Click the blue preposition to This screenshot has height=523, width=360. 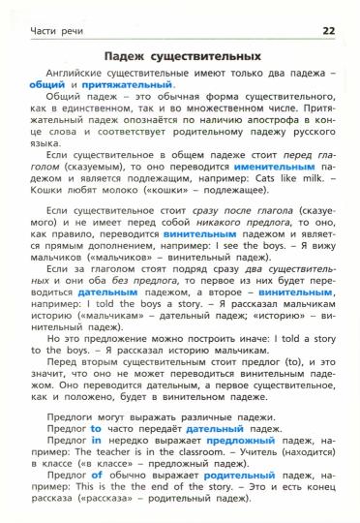95,426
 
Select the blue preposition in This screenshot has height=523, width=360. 96,438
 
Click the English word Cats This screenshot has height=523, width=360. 254,178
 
